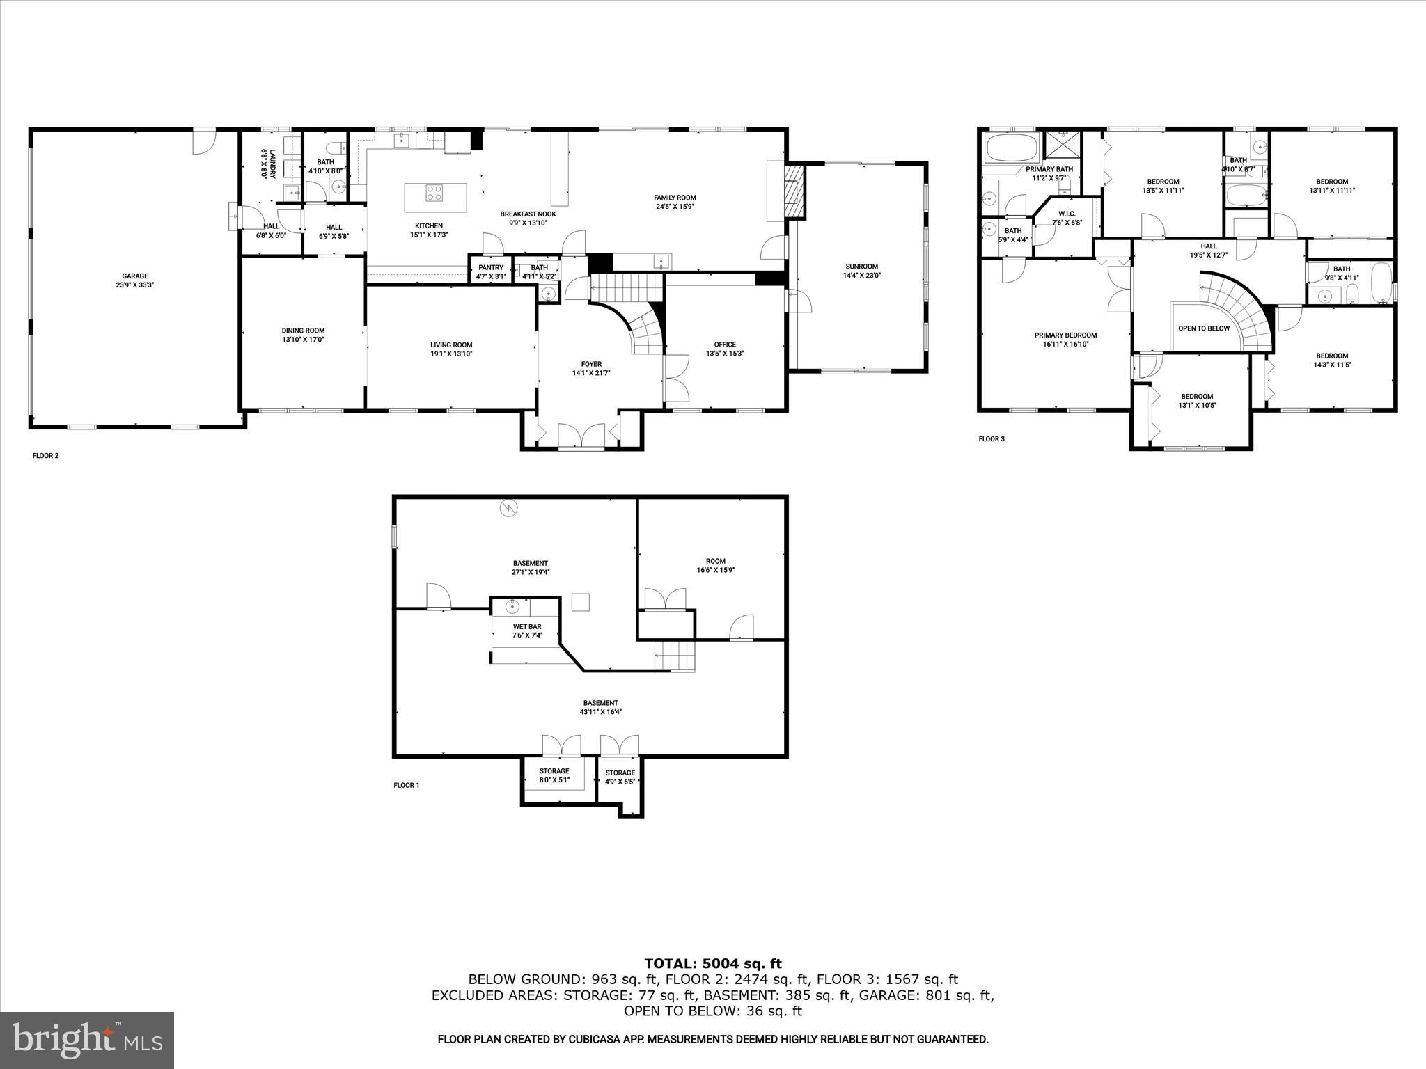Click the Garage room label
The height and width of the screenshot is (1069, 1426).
click(135, 276)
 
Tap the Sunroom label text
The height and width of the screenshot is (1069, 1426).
click(861, 267)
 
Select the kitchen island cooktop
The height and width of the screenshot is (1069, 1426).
click(435, 193)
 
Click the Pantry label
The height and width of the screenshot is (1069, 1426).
click(491, 268)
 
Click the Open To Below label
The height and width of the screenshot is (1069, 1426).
click(1203, 328)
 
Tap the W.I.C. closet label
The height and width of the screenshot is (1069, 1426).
click(1067, 214)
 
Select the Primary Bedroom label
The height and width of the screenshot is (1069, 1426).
click(1065, 335)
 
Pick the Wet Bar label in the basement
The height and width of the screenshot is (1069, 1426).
click(527, 626)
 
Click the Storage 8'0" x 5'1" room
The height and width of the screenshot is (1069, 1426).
click(554, 775)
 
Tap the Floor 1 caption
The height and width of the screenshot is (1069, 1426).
click(407, 785)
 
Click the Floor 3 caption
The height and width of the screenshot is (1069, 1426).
click(992, 439)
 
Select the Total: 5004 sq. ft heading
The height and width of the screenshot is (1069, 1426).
click(712, 964)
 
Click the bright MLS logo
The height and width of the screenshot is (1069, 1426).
click(87, 1040)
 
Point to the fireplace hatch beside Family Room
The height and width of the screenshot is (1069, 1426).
click(794, 191)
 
